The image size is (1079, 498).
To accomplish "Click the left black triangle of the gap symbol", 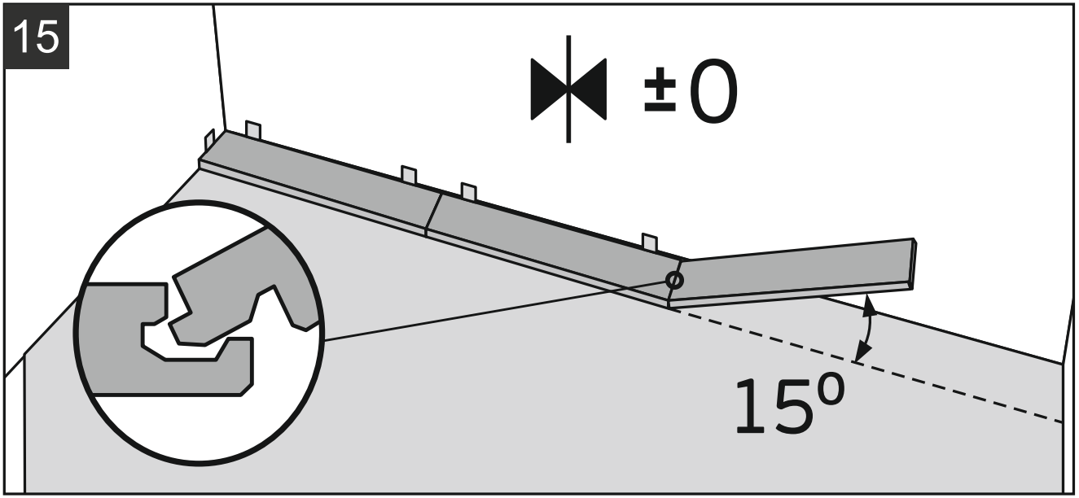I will coord(547,88).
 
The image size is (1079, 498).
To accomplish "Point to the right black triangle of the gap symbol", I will coord(590,88).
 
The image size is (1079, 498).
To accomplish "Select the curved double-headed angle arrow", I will coord(867,329).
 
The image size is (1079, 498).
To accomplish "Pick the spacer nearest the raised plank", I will coord(649,242).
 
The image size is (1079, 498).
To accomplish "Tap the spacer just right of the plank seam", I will coord(468,191).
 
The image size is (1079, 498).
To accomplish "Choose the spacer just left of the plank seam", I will coord(409,175).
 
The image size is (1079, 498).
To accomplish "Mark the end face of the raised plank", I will coord(915,264).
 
